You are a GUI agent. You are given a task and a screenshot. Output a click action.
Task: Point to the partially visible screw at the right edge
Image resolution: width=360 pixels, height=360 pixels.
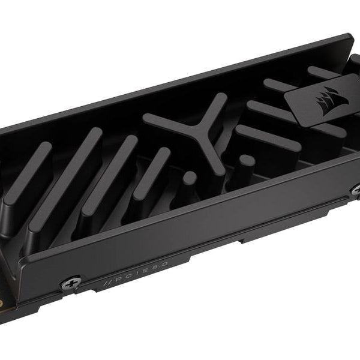(x=356, y=191)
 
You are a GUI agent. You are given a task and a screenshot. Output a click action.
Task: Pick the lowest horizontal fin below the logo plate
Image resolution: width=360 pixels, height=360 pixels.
(x=268, y=139)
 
